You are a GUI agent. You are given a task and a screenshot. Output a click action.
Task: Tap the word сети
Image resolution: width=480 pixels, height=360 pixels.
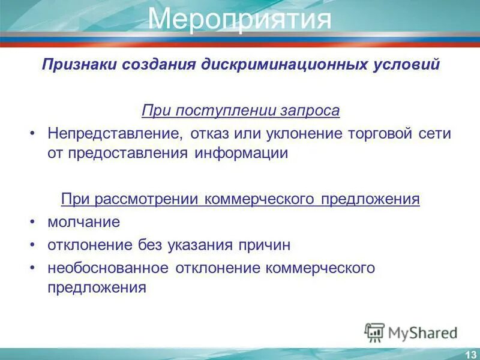click(435, 134)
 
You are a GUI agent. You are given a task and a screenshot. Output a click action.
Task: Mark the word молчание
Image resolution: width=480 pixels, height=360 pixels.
click(84, 222)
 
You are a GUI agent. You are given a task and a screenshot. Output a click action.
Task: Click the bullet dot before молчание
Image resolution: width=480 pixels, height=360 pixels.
click(33, 222)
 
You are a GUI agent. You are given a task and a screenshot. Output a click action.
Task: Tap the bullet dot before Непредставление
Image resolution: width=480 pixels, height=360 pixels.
click(33, 134)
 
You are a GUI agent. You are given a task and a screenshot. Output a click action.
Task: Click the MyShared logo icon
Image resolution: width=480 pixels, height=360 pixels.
click(374, 331)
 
